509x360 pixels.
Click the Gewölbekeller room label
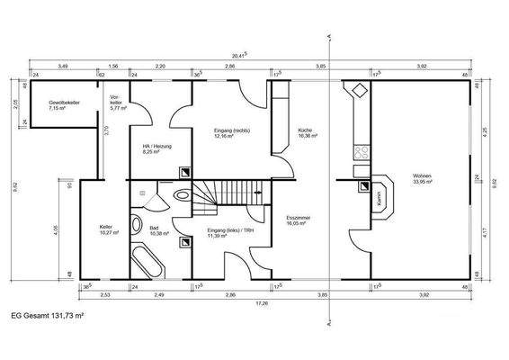tap(65, 105)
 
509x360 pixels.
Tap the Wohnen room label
tap(423, 179)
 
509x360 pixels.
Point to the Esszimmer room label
tap(297, 220)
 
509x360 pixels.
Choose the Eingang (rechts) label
tap(231, 134)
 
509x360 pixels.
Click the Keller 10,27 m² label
tap(110, 230)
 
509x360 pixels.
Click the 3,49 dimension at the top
tap(64, 67)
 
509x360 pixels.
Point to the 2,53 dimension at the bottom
tap(105, 294)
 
